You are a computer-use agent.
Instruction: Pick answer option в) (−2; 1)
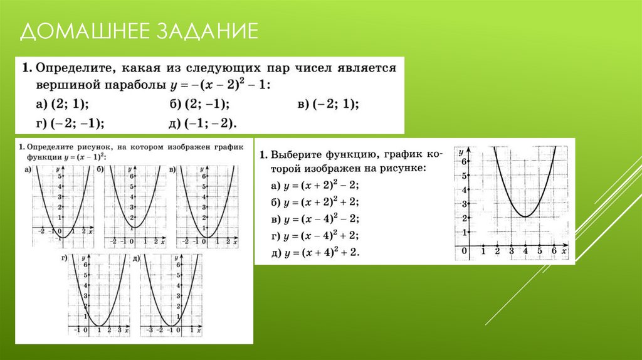click(332, 104)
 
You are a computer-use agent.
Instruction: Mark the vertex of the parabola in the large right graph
click(525, 217)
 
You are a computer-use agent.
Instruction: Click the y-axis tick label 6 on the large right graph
click(465, 162)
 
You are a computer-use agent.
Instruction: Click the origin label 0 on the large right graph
click(464, 251)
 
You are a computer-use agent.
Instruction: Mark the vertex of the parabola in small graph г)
click(98, 325)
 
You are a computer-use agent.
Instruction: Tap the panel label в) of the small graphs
click(172, 169)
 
